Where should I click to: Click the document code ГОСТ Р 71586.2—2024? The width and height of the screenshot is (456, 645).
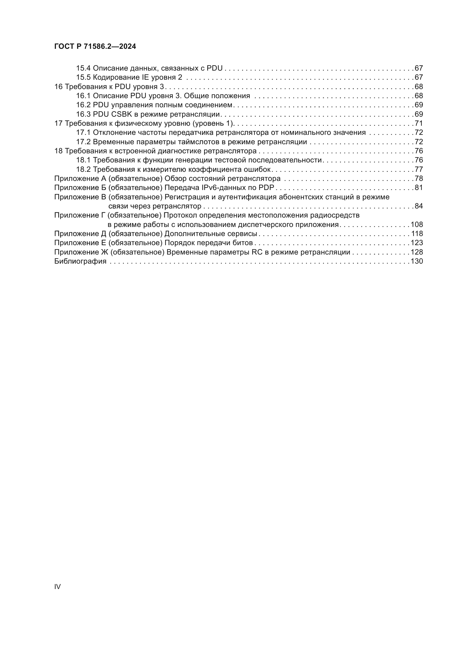coord(95,47)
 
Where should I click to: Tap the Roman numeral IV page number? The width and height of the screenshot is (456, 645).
coord(57,587)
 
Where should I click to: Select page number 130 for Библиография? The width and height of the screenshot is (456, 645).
coord(417,261)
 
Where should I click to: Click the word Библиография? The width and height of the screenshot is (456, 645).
coord(80,261)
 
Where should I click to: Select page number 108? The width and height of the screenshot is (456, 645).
coord(417,224)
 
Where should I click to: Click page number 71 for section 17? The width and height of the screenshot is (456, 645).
coord(419,123)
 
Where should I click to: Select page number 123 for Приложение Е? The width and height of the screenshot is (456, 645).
coord(417,243)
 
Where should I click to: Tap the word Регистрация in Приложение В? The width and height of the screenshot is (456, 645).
coord(186,197)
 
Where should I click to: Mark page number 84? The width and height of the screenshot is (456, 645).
coord(419,206)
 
